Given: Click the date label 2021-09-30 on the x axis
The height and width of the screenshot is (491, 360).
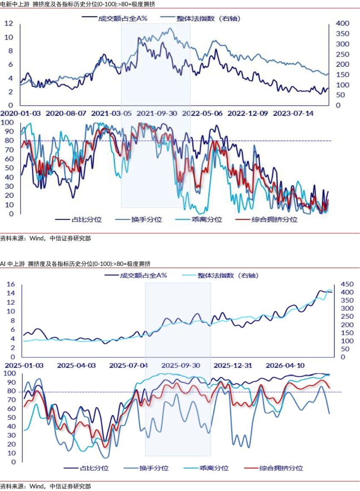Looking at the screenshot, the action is tap(157, 113).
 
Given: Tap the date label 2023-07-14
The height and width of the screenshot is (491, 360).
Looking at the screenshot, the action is tap(293, 113).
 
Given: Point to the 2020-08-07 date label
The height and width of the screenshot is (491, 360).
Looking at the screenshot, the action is tap(66, 113).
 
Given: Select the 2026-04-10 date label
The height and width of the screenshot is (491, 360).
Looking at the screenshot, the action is tap(285, 366).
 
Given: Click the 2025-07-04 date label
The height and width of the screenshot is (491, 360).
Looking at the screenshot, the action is tap(129, 366).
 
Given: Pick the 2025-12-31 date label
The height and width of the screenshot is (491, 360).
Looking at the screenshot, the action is tap(233, 366).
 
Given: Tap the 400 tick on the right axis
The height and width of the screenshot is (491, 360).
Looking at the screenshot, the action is tap(342, 24).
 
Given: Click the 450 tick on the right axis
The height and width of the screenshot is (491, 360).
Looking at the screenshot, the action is tap(347, 284).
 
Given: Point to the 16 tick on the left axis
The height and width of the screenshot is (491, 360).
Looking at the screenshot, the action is tap(11, 284).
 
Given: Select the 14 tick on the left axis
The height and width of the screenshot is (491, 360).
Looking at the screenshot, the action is tap(11, 293).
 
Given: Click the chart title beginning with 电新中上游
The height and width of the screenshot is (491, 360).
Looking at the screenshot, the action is tap(77, 4).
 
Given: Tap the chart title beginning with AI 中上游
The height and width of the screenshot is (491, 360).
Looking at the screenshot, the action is tap(75, 264).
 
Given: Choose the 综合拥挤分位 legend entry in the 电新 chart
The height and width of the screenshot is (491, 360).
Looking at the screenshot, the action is tap(266, 220).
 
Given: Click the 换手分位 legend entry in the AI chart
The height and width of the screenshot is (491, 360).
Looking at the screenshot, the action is tap(146, 468).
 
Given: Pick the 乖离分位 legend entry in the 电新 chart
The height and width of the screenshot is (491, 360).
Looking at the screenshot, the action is tap(199, 220).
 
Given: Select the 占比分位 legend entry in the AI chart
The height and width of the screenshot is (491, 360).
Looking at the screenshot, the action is tap(86, 468).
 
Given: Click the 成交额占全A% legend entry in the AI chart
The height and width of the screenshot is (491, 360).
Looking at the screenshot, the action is tap(136, 276).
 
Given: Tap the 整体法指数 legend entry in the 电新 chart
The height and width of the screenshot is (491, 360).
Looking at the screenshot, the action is tap(200, 18).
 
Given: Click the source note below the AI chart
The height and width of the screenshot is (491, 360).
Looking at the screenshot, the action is tap(45, 486).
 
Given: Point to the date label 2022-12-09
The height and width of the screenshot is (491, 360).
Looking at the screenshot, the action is tap(247, 113).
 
